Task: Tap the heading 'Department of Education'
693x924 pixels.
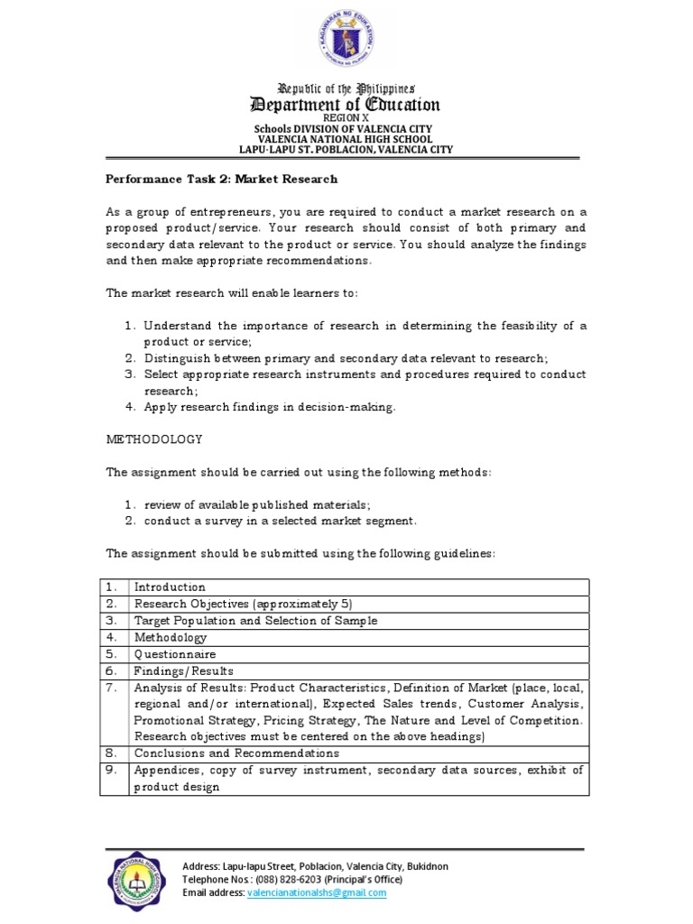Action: point(346,105)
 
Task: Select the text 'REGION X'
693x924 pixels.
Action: point(346,118)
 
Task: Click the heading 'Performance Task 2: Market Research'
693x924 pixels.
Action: point(222,179)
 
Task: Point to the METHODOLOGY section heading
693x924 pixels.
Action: point(154,439)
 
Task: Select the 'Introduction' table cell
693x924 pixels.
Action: point(171,587)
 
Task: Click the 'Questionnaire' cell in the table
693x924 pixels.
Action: point(175,654)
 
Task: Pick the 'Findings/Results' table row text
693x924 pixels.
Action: point(184,671)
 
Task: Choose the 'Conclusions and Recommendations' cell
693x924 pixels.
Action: point(236,753)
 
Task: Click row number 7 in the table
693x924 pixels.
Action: point(112,688)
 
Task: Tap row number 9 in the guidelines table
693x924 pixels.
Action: point(112,770)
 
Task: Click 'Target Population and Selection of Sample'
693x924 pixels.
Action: point(256,621)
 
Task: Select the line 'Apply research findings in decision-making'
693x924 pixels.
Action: point(270,407)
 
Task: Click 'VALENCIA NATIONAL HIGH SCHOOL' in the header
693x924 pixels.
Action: point(346,140)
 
